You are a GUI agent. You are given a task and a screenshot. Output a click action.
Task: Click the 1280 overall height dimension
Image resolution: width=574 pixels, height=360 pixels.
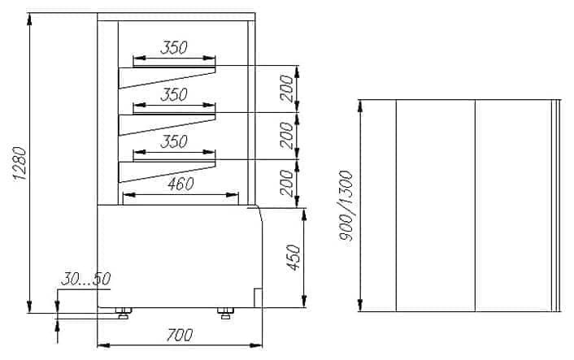click(20, 163)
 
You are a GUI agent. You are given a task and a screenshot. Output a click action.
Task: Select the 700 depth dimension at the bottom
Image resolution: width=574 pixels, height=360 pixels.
click(180, 335)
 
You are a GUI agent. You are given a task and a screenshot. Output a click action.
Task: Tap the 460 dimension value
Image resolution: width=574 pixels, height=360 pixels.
click(180, 184)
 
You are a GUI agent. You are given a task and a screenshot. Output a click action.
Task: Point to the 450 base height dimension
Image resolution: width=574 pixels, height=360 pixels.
click(294, 258)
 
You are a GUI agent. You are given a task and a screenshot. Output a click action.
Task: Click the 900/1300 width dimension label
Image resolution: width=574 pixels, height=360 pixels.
click(346, 206)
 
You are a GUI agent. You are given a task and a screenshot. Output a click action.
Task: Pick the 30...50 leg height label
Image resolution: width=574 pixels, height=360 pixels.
click(85, 279)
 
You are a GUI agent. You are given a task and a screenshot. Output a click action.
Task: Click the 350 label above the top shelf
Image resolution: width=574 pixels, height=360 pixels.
click(174, 48)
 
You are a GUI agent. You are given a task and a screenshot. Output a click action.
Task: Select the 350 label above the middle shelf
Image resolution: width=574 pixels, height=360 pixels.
click(174, 95)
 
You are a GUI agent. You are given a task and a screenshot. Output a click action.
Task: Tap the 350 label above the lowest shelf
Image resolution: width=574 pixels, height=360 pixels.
click(174, 141)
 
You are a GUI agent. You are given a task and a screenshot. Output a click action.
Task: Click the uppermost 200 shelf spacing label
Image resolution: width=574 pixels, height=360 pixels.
click(287, 88)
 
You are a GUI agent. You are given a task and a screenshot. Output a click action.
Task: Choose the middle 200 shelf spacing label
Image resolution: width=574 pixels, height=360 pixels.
click(287, 136)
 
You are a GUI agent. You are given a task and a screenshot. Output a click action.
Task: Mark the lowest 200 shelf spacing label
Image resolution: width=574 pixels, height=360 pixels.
click(287, 183)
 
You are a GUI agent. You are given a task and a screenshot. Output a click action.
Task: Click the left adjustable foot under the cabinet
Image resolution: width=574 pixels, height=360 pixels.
click(124, 313)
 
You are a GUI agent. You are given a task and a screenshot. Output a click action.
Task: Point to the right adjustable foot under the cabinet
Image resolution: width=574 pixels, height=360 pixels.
click(225, 313)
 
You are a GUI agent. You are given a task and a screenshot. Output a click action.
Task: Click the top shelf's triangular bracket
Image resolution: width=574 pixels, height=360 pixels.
click(167, 78)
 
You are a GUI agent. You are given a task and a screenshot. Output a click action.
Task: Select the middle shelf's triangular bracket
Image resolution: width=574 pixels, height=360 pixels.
click(167, 125)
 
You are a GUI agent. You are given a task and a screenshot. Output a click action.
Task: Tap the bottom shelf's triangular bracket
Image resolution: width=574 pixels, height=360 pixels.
click(167, 172)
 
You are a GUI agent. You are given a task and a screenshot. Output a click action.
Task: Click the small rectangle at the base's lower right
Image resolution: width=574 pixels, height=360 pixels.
click(258, 297)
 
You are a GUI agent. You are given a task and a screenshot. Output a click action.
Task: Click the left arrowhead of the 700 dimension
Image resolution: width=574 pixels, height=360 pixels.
click(103, 345)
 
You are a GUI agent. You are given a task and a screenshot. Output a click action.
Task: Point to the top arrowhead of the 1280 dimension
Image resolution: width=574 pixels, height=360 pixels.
click(29, 20)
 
